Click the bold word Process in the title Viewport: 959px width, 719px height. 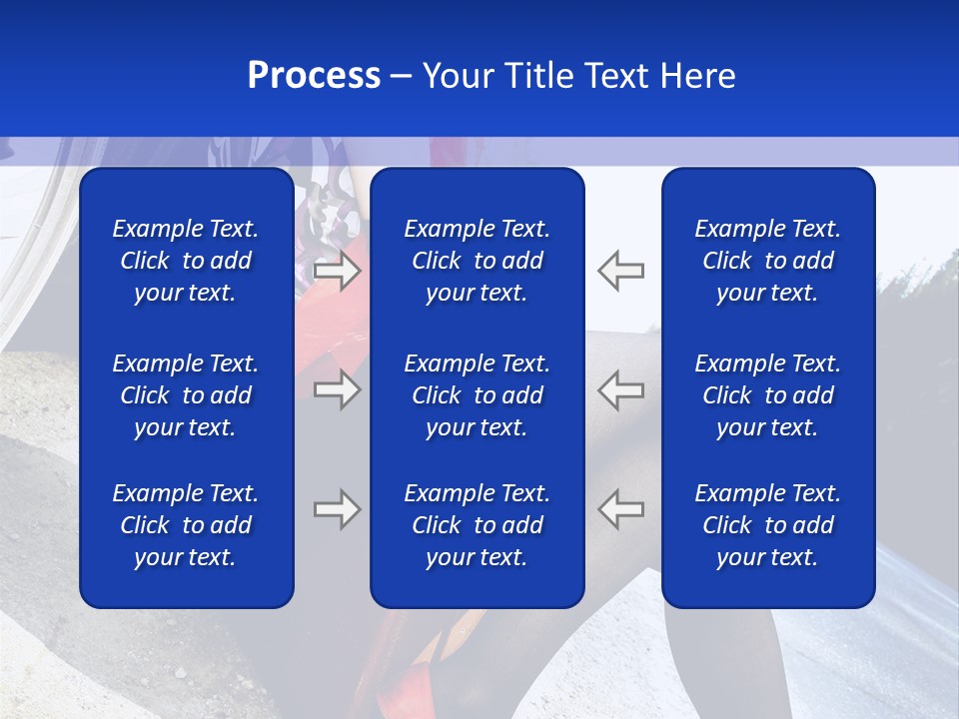[x=314, y=76]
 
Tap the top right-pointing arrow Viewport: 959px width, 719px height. [x=337, y=271]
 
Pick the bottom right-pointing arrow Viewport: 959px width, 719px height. [x=337, y=509]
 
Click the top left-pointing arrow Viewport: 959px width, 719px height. [x=621, y=271]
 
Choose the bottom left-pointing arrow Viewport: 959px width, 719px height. [x=621, y=509]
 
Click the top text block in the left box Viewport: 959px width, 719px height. [x=186, y=261]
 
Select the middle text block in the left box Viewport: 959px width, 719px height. [x=186, y=395]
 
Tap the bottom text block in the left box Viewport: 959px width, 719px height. [x=186, y=525]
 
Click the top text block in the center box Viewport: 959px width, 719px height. [x=478, y=261]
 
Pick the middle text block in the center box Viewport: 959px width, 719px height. [x=478, y=395]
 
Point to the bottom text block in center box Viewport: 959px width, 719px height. [x=478, y=525]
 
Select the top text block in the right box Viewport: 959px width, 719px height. [x=768, y=261]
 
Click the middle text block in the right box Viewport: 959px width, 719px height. [x=768, y=395]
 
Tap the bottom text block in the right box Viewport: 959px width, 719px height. [x=768, y=525]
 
